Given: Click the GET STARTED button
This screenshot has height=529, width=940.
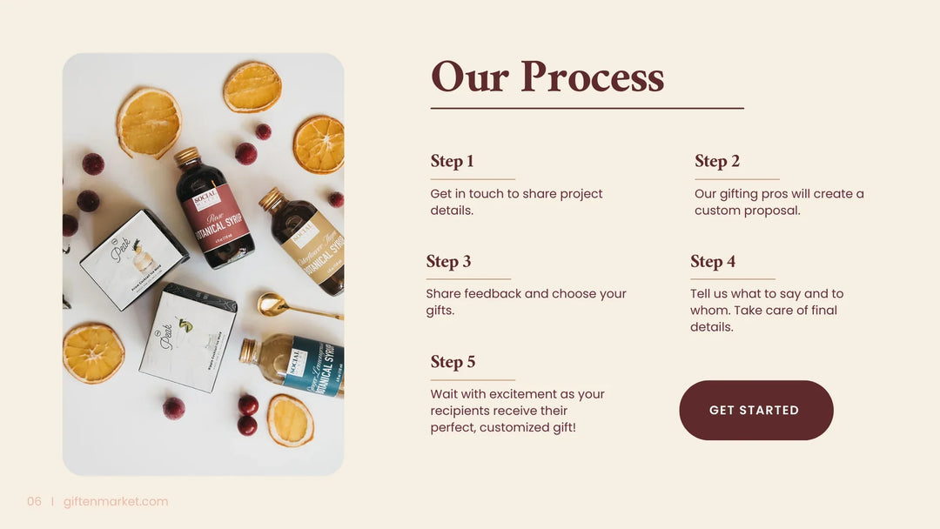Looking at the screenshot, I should [755, 410].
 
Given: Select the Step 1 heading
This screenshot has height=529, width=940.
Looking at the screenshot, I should [452, 161].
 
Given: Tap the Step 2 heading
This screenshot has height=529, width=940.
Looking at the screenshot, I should [716, 161].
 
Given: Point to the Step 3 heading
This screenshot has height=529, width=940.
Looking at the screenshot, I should [448, 261].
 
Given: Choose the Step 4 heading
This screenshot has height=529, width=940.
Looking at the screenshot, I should [713, 261].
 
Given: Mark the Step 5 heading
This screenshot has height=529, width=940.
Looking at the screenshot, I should [453, 362].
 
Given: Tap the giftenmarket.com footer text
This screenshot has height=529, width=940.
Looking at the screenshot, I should [116, 501].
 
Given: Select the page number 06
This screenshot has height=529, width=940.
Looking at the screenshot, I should [34, 501].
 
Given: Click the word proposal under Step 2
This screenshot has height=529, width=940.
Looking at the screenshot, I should [772, 211].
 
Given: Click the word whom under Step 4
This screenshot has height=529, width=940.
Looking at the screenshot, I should [711, 311].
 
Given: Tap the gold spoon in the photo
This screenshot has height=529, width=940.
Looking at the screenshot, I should [287, 305].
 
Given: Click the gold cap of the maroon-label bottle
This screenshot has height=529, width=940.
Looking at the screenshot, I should [185, 157].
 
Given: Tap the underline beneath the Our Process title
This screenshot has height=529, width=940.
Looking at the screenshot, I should [587, 109].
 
